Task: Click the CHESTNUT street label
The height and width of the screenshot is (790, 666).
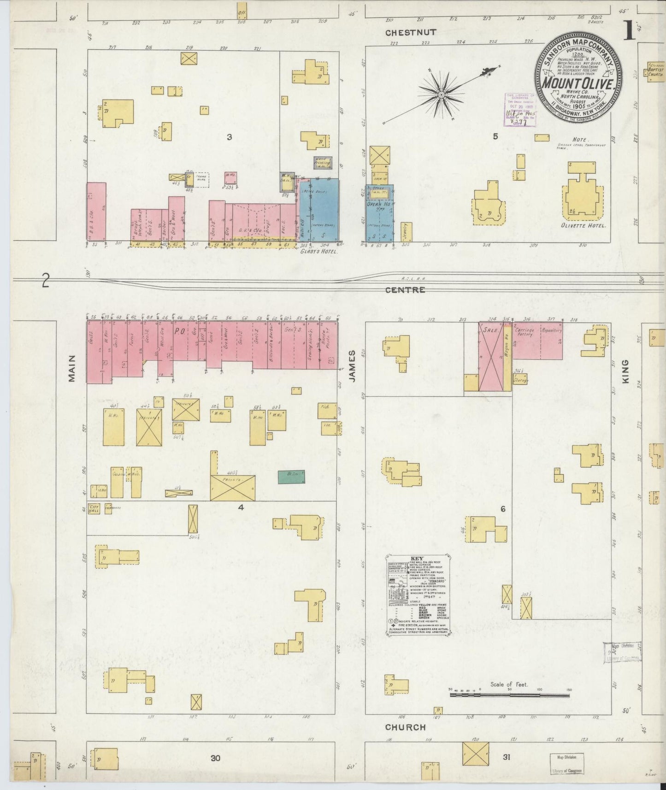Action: (x=411, y=32)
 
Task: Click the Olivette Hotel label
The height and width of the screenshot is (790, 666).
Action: (x=583, y=226)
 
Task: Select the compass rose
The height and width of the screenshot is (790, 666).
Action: (x=441, y=94)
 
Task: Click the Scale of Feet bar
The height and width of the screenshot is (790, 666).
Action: (x=510, y=694)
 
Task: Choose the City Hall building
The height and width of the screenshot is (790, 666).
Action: (x=94, y=509)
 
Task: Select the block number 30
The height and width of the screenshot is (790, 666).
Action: (x=215, y=758)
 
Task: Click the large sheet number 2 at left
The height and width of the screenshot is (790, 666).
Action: (x=45, y=281)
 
